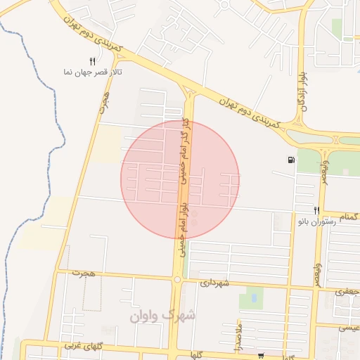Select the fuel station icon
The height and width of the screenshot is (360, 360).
(x=291, y=160)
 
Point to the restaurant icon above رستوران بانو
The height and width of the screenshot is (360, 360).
(x=317, y=210)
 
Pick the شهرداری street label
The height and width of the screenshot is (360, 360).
(x=215, y=283)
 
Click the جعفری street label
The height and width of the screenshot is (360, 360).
(x=347, y=290)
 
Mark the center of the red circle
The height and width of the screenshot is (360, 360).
(x=180, y=180)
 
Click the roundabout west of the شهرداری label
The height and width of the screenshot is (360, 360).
(x=177, y=280)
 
